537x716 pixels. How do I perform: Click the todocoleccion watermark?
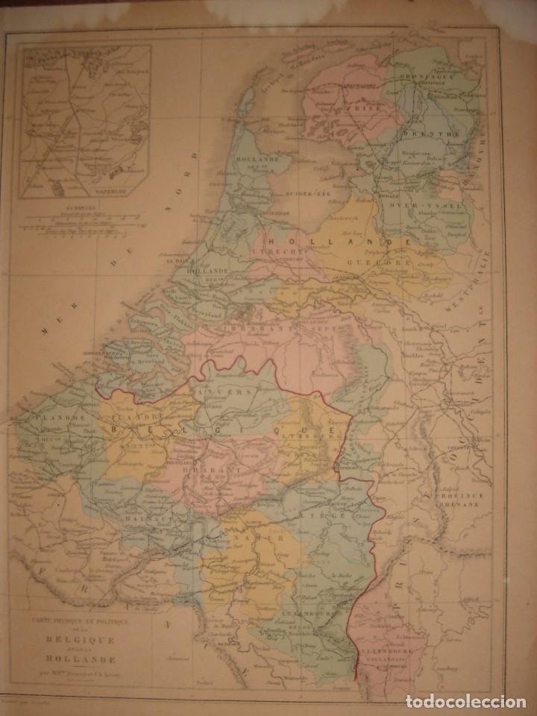(480, 702)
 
